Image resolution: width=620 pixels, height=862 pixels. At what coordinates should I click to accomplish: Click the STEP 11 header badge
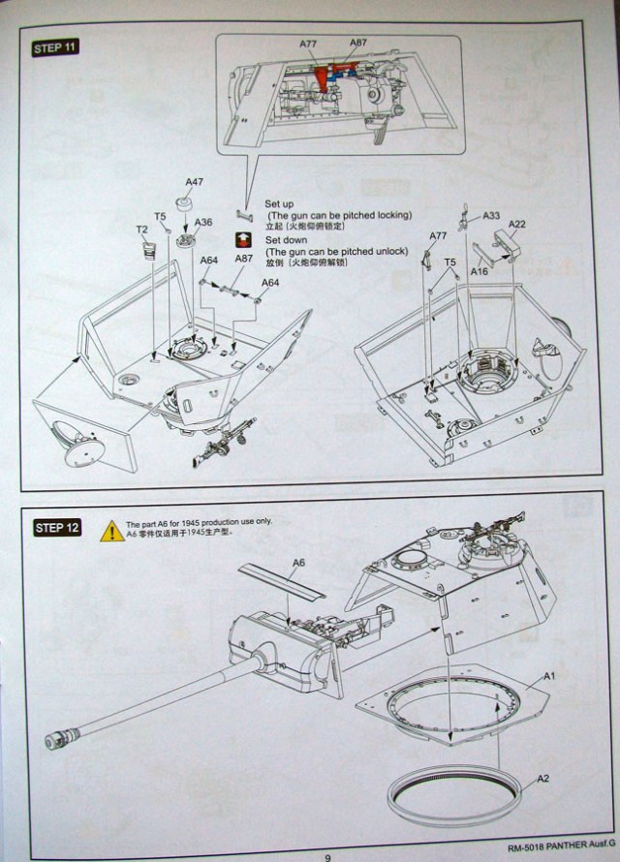coord(55,47)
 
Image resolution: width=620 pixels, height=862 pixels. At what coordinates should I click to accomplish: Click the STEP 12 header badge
coord(55,527)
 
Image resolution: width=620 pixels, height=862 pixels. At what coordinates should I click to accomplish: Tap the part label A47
coord(195,182)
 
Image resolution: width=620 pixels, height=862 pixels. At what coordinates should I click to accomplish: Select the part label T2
coord(141,230)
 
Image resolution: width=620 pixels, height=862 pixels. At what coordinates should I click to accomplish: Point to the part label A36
coord(203,222)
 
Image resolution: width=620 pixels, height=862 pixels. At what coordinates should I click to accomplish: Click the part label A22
coord(516,224)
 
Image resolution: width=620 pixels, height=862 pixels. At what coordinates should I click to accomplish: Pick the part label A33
coord(491,216)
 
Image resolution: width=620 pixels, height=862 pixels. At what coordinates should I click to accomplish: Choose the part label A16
coord(480,273)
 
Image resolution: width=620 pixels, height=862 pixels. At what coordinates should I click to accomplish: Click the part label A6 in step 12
coord(298,563)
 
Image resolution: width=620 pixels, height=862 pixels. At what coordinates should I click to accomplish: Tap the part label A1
coord(547,674)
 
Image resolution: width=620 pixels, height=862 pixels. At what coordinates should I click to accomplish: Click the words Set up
coord(279,203)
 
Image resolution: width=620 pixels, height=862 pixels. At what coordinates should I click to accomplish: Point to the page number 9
coord(327,855)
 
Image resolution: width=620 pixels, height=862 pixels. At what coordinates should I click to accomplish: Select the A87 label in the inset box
coord(358,44)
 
